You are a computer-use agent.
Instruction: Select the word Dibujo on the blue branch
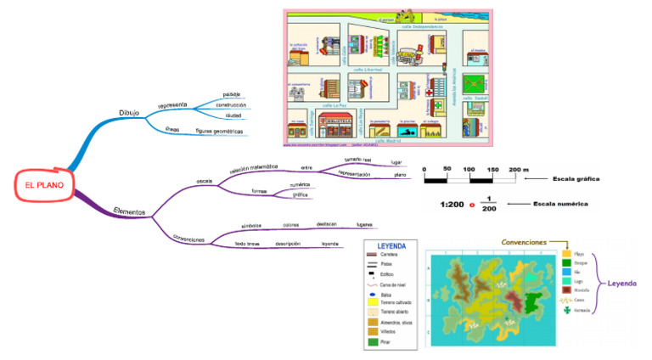tap(129, 112)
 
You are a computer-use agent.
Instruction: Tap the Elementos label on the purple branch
tap(129, 210)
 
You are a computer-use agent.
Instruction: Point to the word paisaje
tap(232, 93)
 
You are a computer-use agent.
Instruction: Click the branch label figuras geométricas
tap(219, 132)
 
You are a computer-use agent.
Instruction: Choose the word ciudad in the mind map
tap(233, 115)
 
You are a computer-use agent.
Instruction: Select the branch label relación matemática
tap(254, 169)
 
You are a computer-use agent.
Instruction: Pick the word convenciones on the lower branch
tap(189, 239)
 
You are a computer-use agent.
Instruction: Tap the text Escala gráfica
tap(576, 179)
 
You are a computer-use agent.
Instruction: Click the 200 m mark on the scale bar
tap(517, 170)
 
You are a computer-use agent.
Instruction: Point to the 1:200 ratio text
tap(452, 205)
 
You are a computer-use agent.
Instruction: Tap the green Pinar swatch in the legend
tap(372, 341)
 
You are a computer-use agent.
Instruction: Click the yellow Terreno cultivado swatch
tap(372, 301)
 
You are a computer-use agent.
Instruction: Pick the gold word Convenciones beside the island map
tap(524, 242)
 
